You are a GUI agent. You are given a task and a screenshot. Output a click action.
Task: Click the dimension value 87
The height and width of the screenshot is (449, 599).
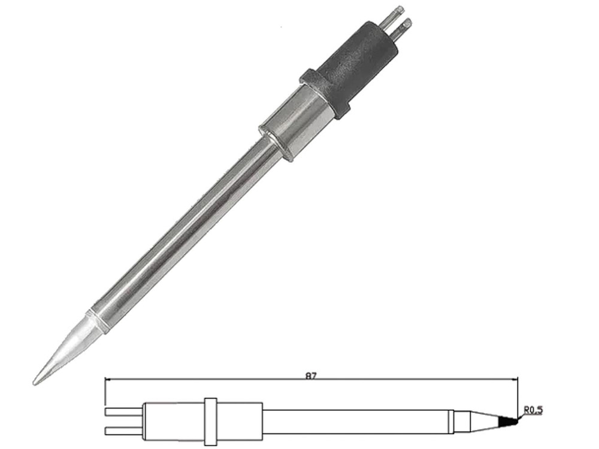311,376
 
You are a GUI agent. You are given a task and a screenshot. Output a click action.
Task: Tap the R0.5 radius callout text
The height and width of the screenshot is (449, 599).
533,411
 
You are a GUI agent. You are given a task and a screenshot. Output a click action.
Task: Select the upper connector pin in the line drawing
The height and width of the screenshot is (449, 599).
124,412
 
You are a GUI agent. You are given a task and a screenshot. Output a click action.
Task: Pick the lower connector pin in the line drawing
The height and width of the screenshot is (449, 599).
124,430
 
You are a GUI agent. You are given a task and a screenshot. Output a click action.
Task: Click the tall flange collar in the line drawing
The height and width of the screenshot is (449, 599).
210,421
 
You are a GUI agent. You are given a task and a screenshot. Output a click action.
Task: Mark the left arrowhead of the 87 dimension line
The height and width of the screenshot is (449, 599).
108,380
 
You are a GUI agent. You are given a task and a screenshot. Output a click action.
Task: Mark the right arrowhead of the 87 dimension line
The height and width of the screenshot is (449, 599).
515,380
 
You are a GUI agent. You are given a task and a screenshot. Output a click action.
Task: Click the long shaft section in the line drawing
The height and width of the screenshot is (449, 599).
355,421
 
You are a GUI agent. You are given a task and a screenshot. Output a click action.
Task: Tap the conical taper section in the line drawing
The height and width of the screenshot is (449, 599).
485,421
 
